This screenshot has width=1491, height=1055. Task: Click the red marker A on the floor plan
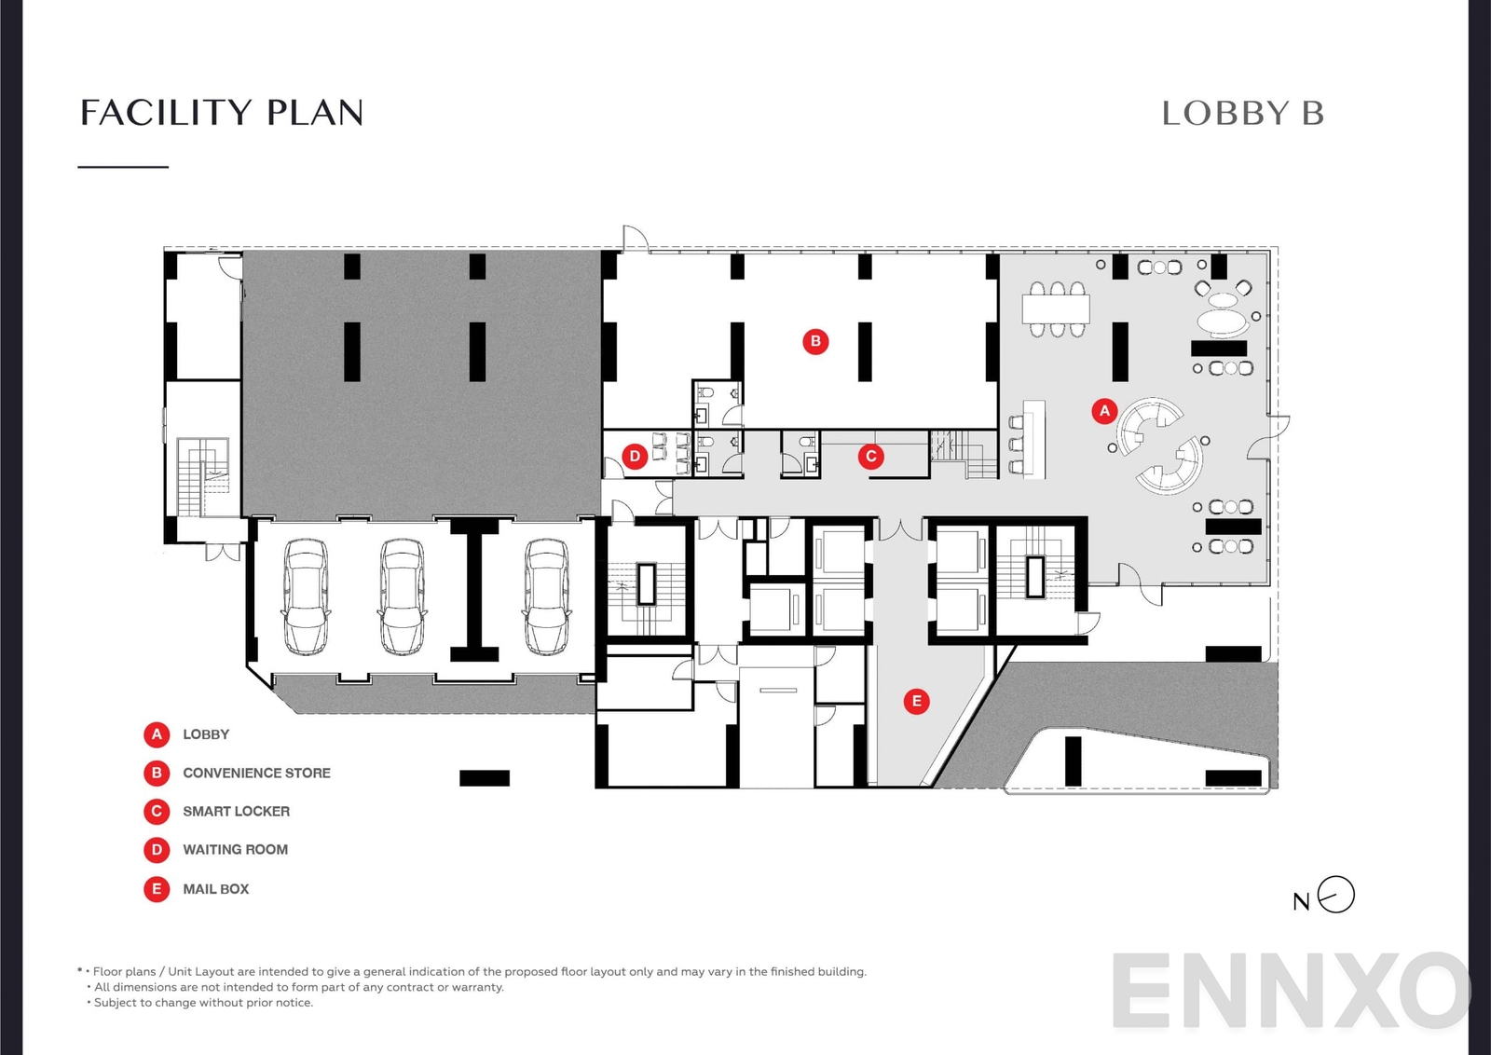coord(1104,410)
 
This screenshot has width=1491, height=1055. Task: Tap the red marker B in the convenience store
coord(815,341)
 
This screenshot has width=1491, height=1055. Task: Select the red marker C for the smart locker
coord(870,456)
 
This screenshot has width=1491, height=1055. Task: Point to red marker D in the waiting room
coord(635,457)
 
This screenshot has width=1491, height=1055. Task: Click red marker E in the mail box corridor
coord(916,701)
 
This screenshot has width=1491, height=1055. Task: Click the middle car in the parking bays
coord(402,596)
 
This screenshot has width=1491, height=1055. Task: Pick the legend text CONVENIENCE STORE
coord(256,773)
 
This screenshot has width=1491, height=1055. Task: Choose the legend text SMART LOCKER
coord(236,811)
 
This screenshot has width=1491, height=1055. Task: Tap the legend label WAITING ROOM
coord(235,849)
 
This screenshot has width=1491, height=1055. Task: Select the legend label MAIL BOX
coord(215,888)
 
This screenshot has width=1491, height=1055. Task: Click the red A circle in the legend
coord(157,734)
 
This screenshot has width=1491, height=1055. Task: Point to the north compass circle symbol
coord(1336,895)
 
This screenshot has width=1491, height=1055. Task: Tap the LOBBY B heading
coord(1242,114)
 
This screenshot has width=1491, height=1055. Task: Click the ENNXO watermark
coord(1291,990)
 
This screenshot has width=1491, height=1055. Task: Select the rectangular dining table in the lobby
coord(1056,308)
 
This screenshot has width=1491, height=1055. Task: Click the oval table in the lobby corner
coord(1222,322)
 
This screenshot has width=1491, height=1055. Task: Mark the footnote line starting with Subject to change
coord(203,1003)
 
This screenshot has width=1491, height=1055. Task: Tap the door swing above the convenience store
coord(636,239)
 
